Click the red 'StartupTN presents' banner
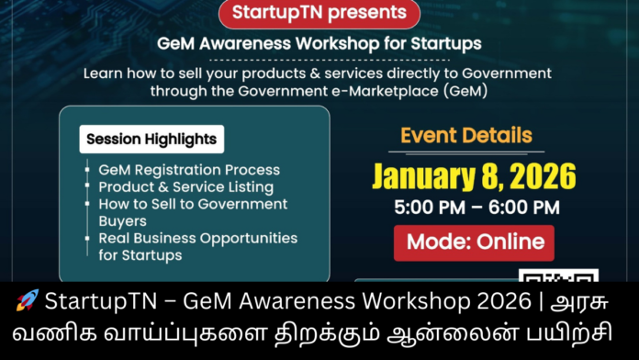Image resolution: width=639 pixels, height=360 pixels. pos(319,14)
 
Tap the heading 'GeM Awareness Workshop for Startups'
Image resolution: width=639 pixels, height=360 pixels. pos(319,43)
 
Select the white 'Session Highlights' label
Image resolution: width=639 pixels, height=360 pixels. pos(151,140)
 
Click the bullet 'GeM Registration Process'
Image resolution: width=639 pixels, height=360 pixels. pos(189,170)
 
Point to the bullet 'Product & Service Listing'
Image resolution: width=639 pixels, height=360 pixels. pos(187,186)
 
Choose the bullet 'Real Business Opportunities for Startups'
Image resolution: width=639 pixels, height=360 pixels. pos(197,245)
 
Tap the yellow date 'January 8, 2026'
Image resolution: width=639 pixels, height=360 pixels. pos(473,174)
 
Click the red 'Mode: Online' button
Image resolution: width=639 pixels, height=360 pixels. pos(474,242)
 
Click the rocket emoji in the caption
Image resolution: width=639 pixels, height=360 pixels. pos(28,300)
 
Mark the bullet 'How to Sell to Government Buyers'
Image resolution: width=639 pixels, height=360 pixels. pos(193,211)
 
